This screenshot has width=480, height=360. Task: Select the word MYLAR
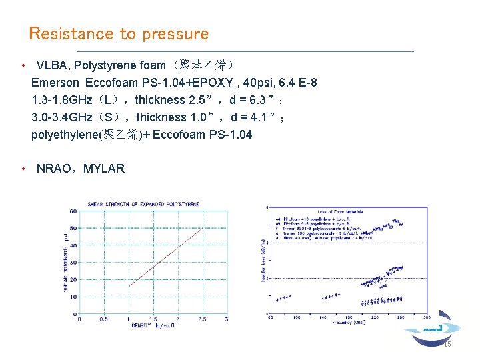105,169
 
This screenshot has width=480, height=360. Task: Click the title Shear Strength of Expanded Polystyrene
143,204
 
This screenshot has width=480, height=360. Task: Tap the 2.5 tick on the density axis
202,319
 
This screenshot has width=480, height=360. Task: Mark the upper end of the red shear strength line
203,228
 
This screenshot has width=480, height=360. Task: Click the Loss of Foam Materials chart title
344,213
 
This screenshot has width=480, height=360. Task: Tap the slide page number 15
447,344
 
